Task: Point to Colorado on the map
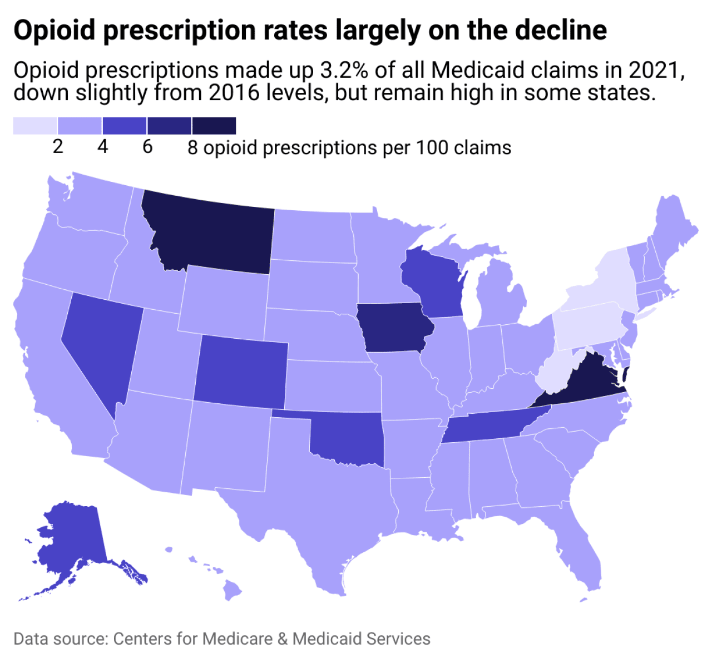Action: click(241, 370)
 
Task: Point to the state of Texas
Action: click(323, 501)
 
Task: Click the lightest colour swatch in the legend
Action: click(35, 126)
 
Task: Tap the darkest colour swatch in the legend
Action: click(214, 126)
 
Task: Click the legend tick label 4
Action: click(102, 147)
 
